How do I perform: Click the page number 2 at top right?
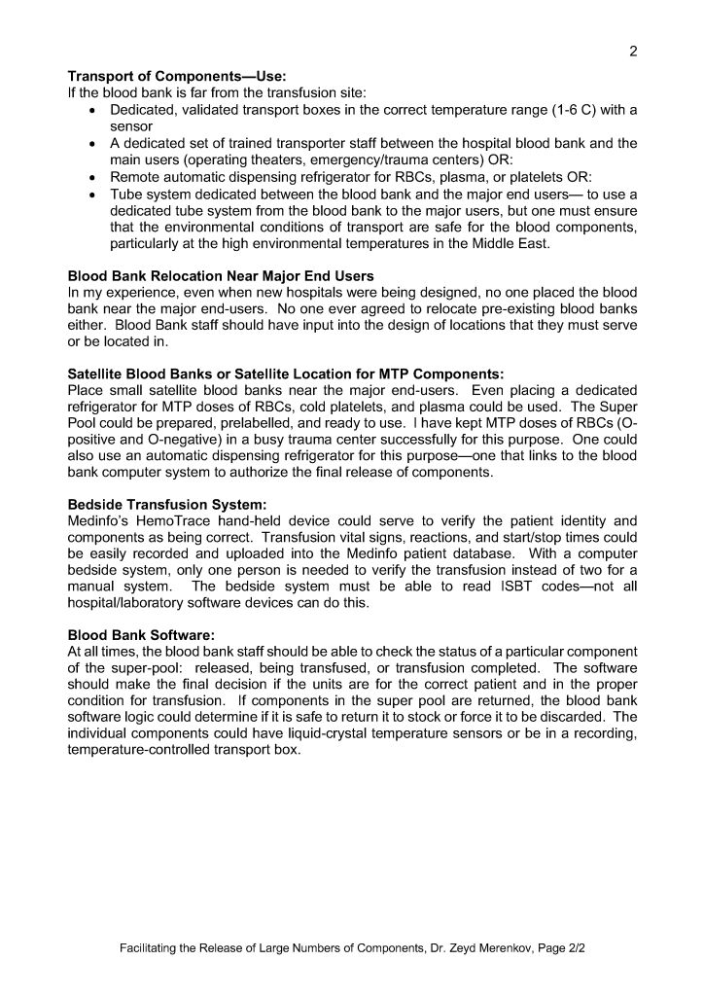coord(633,52)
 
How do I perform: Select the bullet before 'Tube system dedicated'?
coord(90,195)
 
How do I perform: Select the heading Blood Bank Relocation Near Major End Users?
coord(221,277)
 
